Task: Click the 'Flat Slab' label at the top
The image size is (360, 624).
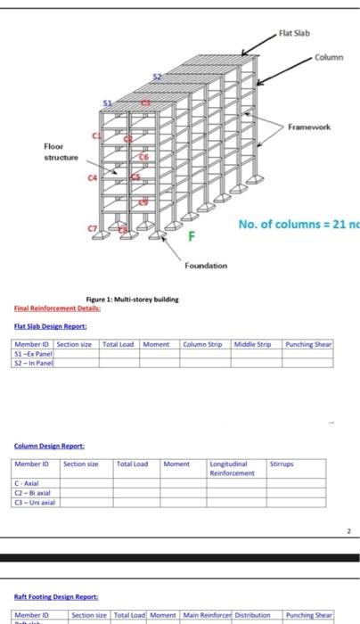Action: pyautogui.click(x=293, y=35)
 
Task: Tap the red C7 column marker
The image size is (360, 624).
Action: pyautogui.click(x=92, y=228)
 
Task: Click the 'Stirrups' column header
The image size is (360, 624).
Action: pyautogui.click(x=282, y=464)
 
